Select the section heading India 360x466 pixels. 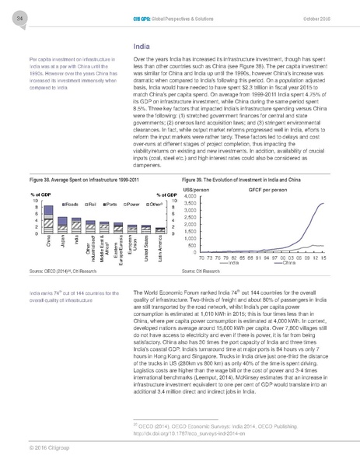pos(142,47)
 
